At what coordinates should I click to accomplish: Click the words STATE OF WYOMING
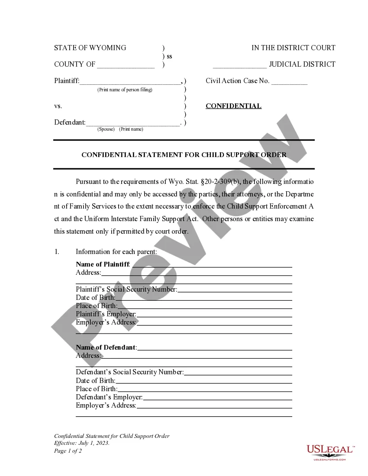[90, 48]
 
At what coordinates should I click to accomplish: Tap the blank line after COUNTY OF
[126, 65]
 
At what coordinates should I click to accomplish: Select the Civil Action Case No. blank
[289, 82]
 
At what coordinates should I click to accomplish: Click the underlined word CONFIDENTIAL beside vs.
[233, 106]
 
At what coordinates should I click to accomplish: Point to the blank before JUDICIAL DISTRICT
[239, 65]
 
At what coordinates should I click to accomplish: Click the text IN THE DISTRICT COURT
[293, 48]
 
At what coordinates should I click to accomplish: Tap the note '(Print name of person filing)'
[125, 90]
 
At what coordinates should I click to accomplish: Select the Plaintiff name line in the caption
[130, 81]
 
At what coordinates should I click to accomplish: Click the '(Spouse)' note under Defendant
[106, 129]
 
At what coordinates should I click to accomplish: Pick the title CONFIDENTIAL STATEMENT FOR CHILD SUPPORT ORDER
[184, 154]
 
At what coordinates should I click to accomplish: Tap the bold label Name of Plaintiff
[103, 264]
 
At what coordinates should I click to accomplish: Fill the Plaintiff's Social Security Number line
[235, 289]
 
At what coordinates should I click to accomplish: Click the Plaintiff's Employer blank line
[214, 314]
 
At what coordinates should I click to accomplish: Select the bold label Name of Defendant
[106, 347]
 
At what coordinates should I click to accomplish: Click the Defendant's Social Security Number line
[238, 372]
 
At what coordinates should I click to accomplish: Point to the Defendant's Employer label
[109, 397]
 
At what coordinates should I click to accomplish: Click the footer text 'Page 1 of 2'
[68, 451]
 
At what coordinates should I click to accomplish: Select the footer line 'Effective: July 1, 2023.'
[82, 444]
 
